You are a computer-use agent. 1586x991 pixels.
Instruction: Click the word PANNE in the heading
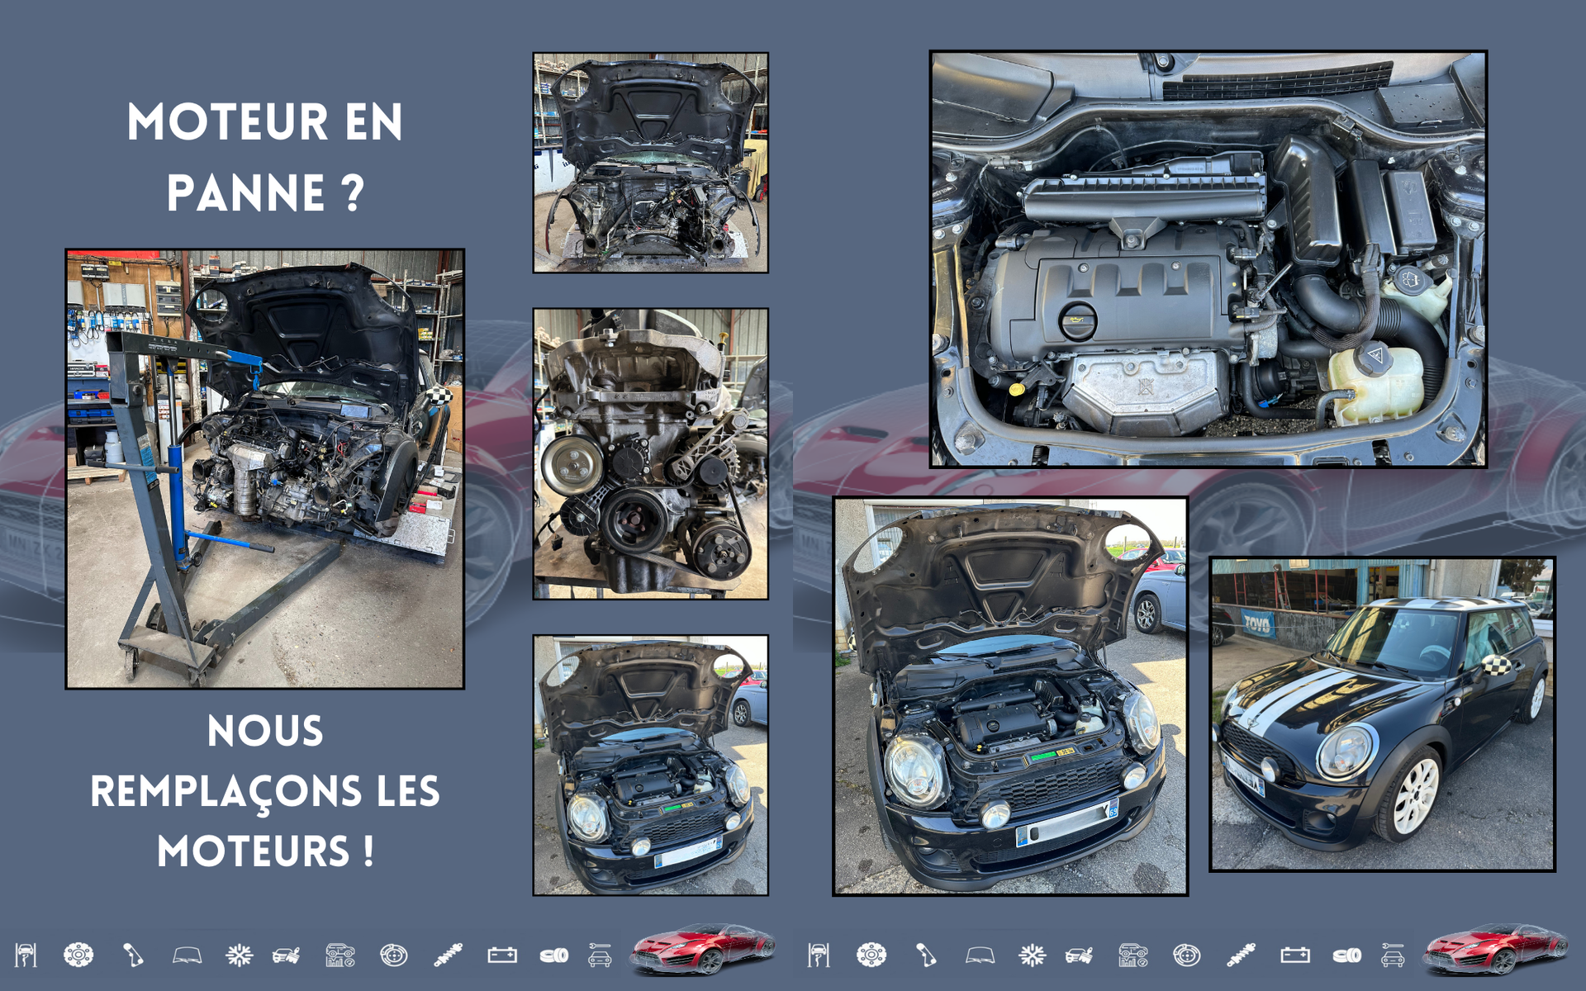click(x=245, y=193)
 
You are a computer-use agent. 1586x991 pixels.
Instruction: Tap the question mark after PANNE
click(x=353, y=193)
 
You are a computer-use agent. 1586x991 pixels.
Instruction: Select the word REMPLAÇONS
click(x=226, y=793)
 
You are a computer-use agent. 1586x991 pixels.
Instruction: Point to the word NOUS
click(x=265, y=732)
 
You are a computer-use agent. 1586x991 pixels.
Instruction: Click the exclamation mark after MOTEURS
click(x=368, y=851)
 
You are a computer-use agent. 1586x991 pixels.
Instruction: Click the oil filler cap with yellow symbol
click(x=1077, y=322)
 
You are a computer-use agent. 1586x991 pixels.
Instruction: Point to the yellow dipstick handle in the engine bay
click(x=1017, y=388)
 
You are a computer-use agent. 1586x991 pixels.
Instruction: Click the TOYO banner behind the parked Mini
click(x=1257, y=624)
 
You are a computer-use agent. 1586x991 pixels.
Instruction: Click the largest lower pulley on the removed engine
click(x=634, y=520)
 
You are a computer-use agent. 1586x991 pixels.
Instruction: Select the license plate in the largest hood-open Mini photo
click(x=1066, y=823)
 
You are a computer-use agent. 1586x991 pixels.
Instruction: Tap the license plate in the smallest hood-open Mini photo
click(x=687, y=852)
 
